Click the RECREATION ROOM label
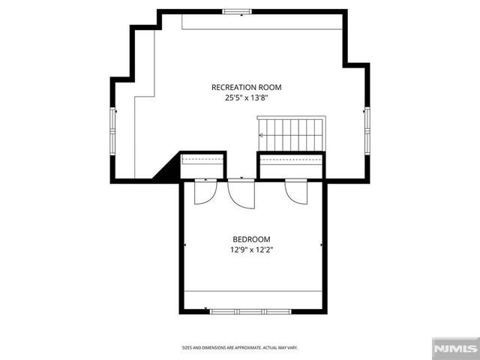(247, 87)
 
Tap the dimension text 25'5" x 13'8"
(247, 97)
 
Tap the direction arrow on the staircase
(261, 136)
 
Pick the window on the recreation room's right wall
(367, 129)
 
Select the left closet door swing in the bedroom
(204, 192)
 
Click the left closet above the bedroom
(203, 166)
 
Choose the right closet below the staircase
(291, 166)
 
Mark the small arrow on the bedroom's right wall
(321, 244)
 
